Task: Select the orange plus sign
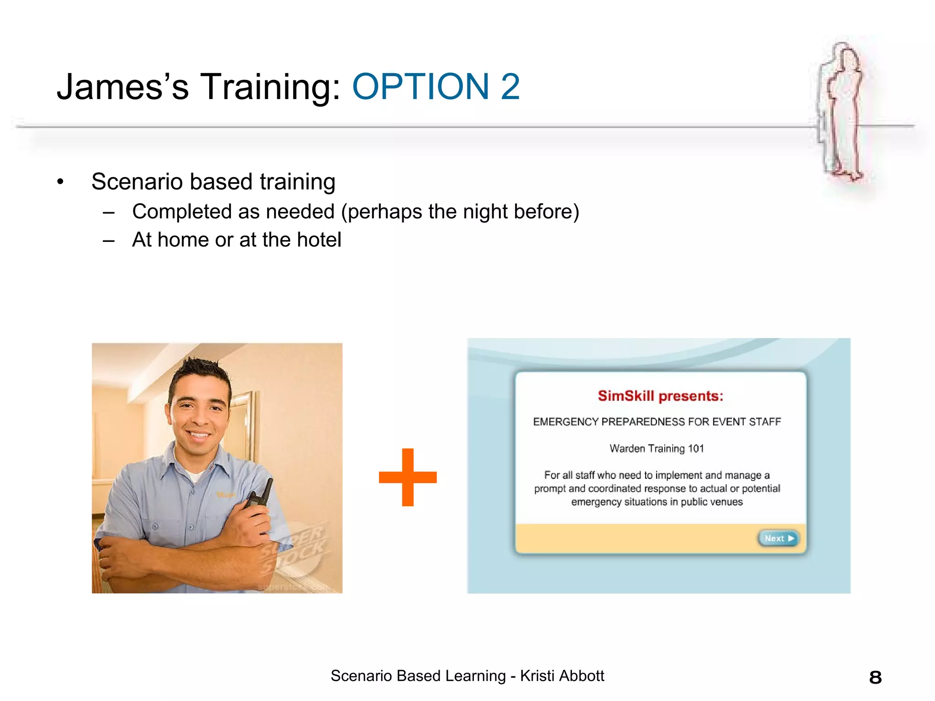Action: coord(408,477)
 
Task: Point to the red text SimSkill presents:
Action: coord(660,396)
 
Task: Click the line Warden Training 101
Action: coord(657,449)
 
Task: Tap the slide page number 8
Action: coord(875,677)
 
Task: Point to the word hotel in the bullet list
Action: coord(319,240)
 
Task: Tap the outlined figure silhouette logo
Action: coord(841,112)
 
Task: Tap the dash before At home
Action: coord(109,241)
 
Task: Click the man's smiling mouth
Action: coord(199,434)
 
